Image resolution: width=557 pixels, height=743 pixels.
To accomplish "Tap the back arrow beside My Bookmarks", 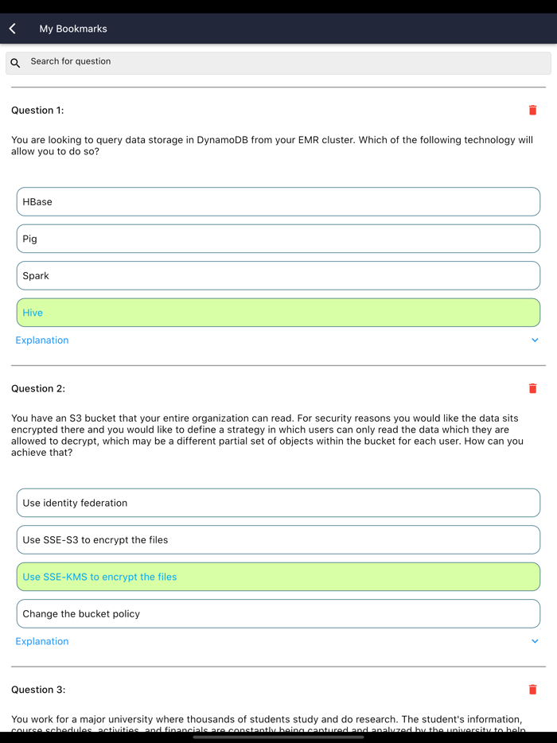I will (13, 29).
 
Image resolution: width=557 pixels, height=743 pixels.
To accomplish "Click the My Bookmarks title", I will (73, 29).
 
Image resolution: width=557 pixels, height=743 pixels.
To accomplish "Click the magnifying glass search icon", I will (15, 63).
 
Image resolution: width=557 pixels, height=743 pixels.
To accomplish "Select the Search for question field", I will (278, 62).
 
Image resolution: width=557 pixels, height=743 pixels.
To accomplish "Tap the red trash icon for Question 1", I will (532, 111).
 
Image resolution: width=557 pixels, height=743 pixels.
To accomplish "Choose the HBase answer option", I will (278, 202).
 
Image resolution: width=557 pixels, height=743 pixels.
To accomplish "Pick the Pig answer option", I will (278, 239).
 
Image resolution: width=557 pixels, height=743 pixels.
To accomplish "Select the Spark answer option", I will (278, 276).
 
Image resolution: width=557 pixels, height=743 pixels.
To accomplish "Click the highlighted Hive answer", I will (278, 313).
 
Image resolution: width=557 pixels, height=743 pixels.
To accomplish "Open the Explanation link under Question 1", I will (42, 340).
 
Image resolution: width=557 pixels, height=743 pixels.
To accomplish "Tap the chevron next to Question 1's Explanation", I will (535, 340).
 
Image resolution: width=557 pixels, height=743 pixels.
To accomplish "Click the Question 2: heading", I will (38, 389).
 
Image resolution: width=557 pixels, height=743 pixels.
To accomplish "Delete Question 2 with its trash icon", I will (532, 389).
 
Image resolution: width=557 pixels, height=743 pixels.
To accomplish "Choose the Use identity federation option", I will (278, 503).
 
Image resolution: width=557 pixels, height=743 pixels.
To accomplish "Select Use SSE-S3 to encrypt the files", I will (278, 540).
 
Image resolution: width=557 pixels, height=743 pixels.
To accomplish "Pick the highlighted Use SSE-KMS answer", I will (278, 577).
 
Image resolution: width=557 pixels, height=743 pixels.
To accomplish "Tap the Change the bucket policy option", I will (278, 614).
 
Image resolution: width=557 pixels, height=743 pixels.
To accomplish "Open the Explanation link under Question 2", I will (42, 641).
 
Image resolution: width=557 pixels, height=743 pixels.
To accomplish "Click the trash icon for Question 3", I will (532, 690).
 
